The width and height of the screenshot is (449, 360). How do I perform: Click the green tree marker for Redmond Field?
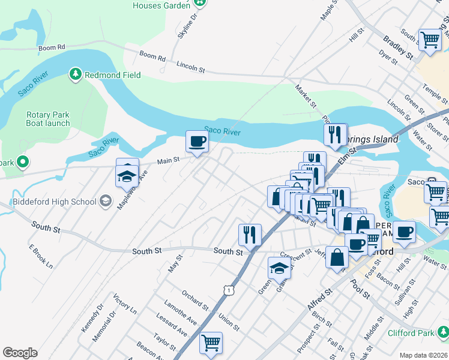[76, 74]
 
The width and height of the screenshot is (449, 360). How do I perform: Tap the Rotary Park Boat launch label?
[48, 119]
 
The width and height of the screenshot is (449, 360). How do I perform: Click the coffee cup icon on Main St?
[197, 142]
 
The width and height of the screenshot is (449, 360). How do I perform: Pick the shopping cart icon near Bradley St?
[430, 40]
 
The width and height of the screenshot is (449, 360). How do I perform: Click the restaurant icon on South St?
[250, 234]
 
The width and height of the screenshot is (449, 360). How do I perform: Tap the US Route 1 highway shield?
[228, 290]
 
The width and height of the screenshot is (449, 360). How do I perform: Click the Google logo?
[20, 353]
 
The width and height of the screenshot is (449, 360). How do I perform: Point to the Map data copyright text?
[423, 355]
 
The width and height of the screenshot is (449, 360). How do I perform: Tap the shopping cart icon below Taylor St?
[211, 343]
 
